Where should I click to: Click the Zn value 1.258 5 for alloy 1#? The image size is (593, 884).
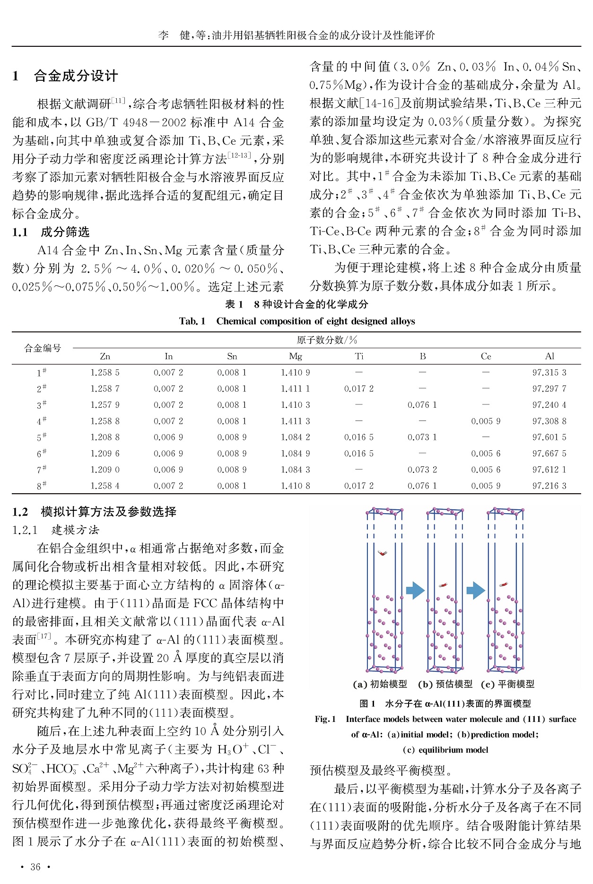[x=105, y=373]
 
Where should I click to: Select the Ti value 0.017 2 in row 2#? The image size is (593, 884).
[x=359, y=389]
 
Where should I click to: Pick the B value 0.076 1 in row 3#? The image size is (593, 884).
[x=422, y=405]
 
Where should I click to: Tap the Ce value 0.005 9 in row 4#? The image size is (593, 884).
[x=486, y=421]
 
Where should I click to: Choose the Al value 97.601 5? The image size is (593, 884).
[x=549, y=438]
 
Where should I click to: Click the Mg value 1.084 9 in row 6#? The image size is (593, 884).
[x=296, y=454]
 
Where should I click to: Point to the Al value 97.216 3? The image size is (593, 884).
[x=549, y=486]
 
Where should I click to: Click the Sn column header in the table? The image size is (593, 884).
[x=232, y=356]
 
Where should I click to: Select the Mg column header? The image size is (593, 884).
[x=296, y=356]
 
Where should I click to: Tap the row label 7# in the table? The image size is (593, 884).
[x=42, y=470]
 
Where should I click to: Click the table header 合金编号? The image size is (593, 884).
[x=43, y=348]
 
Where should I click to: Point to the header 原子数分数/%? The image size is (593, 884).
[x=327, y=340]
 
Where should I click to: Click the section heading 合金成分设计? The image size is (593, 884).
[x=76, y=76]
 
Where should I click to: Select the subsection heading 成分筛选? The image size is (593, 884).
[x=65, y=232]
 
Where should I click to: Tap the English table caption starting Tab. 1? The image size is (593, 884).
[x=297, y=321]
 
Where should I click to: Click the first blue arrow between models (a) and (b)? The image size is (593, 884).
[x=415, y=590]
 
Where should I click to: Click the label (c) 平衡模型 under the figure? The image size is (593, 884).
[x=507, y=684]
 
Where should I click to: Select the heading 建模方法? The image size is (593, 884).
[x=75, y=530]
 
